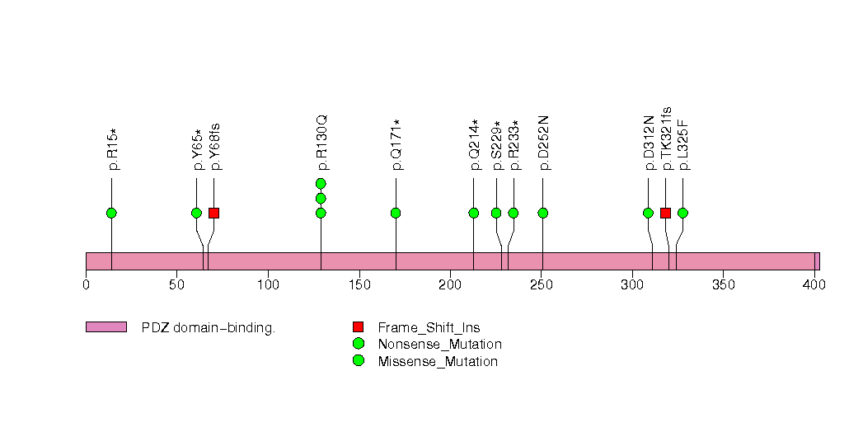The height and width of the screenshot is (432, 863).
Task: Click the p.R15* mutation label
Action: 113,149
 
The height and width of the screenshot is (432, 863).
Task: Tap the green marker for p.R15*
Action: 111,214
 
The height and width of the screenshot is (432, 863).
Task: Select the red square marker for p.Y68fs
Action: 213,214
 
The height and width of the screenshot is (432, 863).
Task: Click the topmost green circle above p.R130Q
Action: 321,183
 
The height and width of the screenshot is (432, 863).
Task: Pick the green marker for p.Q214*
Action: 474,214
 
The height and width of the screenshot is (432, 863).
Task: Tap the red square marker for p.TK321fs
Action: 665,214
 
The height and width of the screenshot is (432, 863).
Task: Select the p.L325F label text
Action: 684,144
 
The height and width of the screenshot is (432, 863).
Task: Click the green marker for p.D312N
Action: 648,214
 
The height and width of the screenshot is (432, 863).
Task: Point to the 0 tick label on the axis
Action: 86,285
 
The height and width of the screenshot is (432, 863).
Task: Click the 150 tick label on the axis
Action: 359,285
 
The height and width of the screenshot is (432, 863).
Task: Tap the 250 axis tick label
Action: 541,285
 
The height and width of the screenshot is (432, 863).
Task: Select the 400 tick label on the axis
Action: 814,285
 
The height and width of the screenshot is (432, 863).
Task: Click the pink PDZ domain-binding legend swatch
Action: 106,327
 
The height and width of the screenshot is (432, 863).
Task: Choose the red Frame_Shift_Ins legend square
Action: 358,327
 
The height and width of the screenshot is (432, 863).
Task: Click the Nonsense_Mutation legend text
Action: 439,344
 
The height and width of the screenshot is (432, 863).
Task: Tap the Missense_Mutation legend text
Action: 438,361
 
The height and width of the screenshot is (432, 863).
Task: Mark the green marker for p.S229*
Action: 496,214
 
